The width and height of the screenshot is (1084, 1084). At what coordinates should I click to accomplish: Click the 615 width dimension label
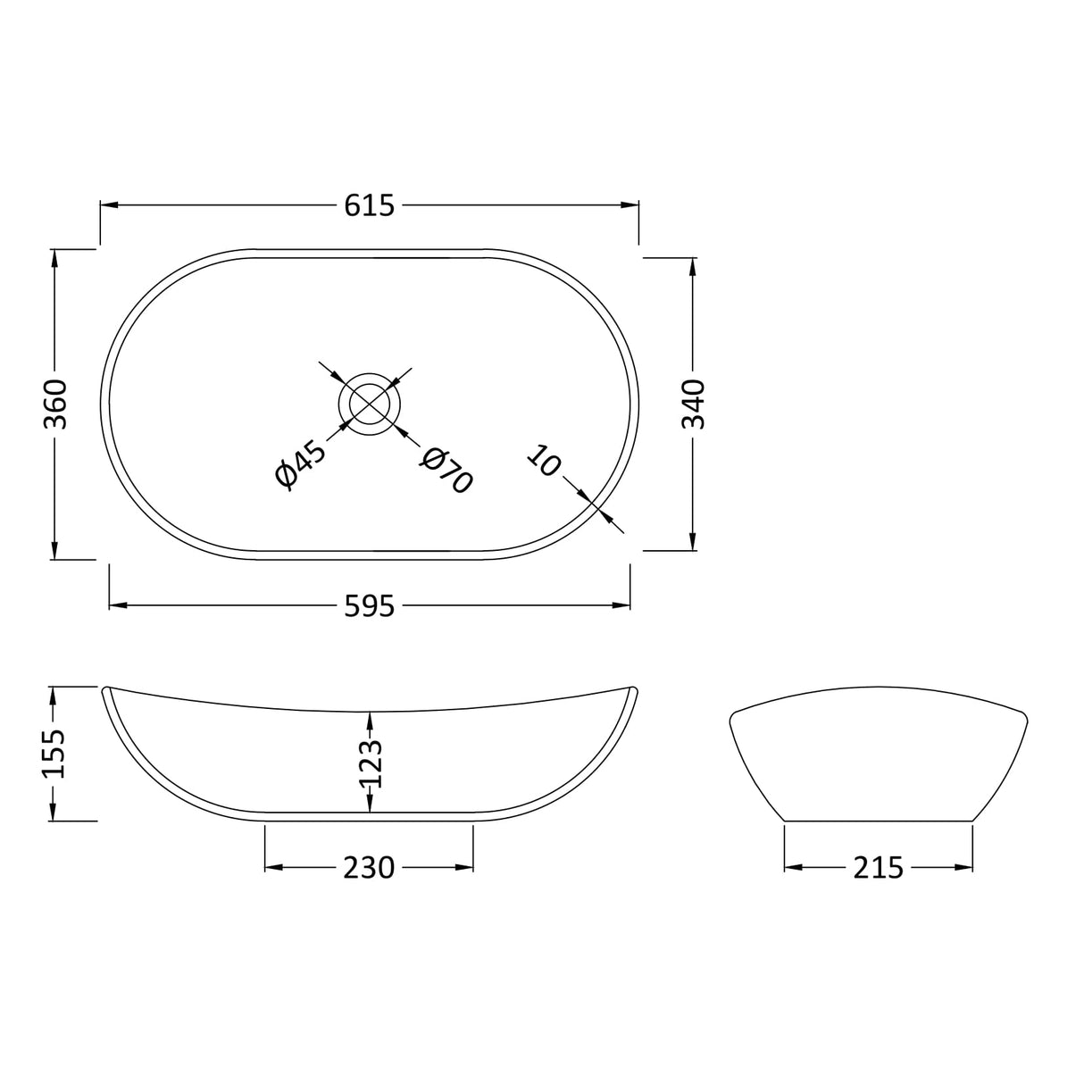[369, 205]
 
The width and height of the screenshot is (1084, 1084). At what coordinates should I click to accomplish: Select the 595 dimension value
[369, 606]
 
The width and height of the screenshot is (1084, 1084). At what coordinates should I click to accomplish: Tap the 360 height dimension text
[55, 404]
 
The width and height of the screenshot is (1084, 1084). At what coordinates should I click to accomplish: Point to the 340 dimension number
[694, 404]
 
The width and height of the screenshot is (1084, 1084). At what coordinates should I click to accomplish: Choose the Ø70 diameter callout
[446, 470]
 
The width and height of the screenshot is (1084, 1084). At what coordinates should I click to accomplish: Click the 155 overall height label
[55, 754]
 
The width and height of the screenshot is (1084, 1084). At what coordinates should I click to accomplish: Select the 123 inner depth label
[370, 763]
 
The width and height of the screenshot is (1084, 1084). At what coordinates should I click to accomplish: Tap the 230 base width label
[369, 867]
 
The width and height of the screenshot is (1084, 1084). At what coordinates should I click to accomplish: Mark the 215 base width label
[878, 867]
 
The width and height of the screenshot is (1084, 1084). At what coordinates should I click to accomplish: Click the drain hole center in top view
[370, 404]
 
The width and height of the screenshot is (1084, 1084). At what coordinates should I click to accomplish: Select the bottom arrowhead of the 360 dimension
[55, 550]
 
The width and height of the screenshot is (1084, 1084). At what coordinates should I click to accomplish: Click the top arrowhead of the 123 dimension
[370, 719]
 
